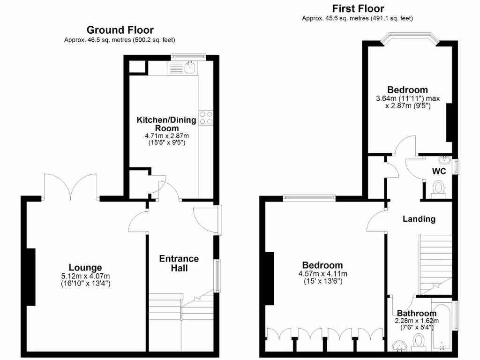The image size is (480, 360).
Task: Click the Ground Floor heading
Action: pyautogui.click(x=120, y=30)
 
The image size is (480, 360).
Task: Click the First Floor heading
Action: pyautogui.click(x=358, y=8)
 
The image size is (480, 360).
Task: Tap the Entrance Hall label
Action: pyautogui.click(x=179, y=263)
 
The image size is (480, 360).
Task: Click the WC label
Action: pyautogui.click(x=439, y=171)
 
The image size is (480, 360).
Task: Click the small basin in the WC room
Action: pyautogui.click(x=446, y=160)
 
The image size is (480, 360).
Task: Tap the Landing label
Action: pyautogui.click(x=419, y=218)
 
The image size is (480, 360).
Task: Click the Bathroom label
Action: pyautogui.click(x=417, y=313)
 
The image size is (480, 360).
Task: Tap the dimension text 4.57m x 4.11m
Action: pyautogui.click(x=322, y=274)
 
